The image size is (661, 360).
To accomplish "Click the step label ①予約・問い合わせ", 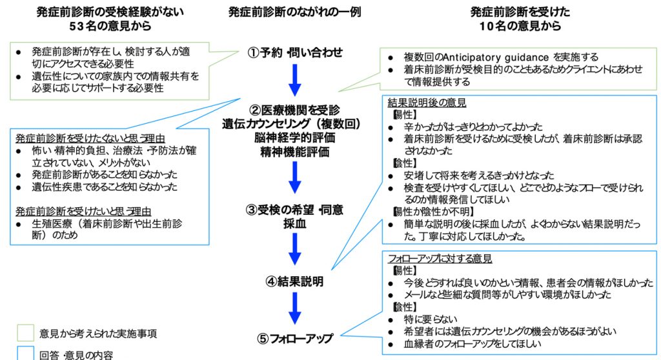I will pyautogui.click(x=295, y=52).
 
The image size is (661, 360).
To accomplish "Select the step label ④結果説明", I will pyautogui.click(x=295, y=281).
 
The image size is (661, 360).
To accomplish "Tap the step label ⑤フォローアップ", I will pyautogui.click(x=295, y=338).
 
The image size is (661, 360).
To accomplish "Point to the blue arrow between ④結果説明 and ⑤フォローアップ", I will pyautogui.click(x=295, y=308).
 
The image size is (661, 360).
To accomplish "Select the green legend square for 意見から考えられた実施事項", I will pyautogui.click(x=26, y=333).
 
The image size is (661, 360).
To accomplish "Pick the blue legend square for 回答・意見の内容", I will pyautogui.click(x=26, y=353).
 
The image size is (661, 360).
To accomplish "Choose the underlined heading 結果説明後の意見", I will pyautogui.click(x=427, y=103).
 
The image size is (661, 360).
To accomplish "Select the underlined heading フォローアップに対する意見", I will pyautogui.click(x=440, y=259).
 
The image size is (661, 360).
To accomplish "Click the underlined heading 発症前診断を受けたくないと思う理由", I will pyautogui.click(x=91, y=139).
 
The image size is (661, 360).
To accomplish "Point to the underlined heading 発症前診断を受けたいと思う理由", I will pyautogui.click(x=86, y=210).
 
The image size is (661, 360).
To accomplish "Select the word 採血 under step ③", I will pyautogui.click(x=295, y=223).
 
